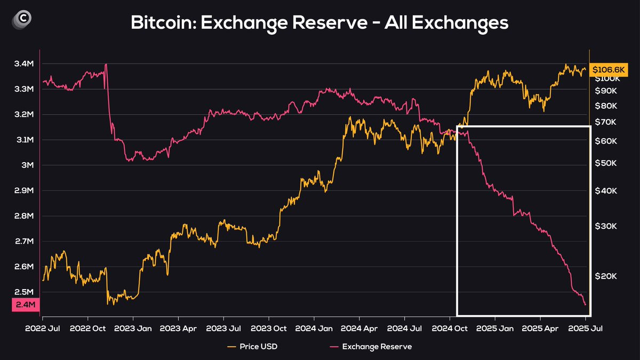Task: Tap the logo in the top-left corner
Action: click(x=22, y=19)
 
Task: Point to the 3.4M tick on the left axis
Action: click(x=24, y=64)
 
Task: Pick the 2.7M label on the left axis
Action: click(x=24, y=242)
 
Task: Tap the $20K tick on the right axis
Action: click(x=606, y=276)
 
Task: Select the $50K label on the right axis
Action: click(x=606, y=163)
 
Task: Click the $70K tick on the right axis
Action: click(x=606, y=122)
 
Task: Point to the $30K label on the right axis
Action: click(x=606, y=226)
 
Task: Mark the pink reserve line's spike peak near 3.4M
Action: click(x=106, y=65)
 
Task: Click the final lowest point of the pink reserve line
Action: click(x=586, y=305)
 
